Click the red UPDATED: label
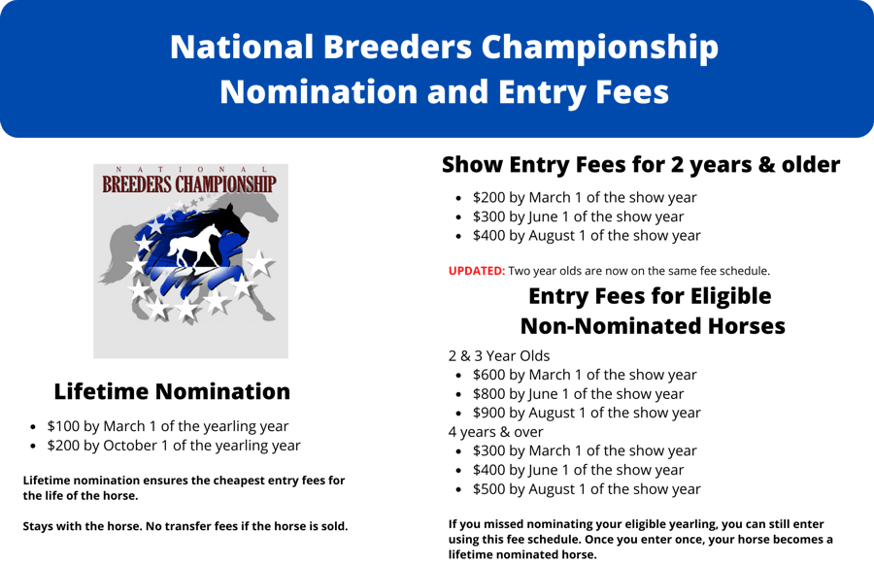click(476, 271)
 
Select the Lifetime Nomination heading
click(172, 391)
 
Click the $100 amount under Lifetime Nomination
click(63, 426)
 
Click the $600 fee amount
click(489, 375)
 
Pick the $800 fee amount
click(489, 394)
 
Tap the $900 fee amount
click(489, 413)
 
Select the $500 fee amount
click(489, 489)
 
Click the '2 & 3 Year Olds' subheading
click(498, 355)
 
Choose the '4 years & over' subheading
click(495, 432)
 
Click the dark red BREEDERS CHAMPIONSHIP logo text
click(189, 183)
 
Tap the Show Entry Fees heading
click(640, 165)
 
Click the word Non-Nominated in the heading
click(608, 326)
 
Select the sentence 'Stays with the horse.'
click(83, 527)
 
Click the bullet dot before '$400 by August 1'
click(459, 236)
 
